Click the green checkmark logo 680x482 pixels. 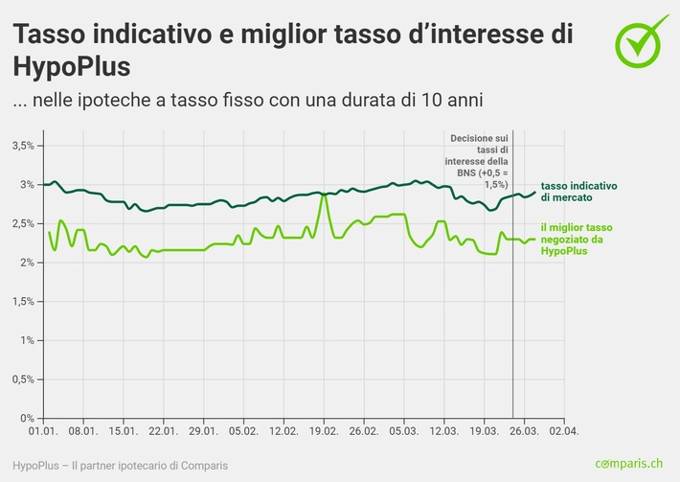coord(641,39)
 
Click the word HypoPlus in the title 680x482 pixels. coord(70,66)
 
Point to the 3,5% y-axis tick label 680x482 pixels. coord(22,146)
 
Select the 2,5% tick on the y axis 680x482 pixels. coord(22,223)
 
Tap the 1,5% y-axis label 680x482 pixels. coord(22,302)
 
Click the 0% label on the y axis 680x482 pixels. coord(27,419)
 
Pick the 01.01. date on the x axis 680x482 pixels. coord(44,432)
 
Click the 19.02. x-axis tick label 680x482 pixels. coord(324,432)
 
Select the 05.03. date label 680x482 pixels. coord(404,432)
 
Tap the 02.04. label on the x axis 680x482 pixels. coord(564,432)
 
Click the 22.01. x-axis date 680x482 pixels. coord(164,432)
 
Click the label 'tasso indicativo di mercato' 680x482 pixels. coord(578,191)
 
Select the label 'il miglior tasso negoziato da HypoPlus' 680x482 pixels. coord(572,240)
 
